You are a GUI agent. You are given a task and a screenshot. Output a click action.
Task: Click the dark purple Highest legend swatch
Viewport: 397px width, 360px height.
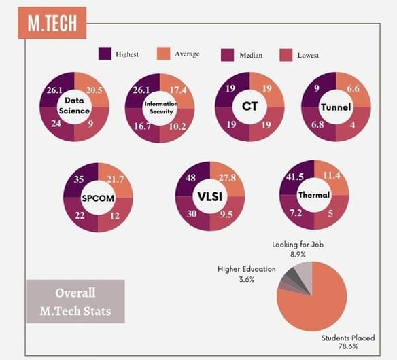coord(105,54)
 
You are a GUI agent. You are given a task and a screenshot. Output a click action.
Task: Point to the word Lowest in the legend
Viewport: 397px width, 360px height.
coord(308,55)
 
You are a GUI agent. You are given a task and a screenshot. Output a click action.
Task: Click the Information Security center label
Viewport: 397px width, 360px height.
coord(159,107)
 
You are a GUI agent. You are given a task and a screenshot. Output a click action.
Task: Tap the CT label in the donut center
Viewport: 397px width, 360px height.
coord(249,106)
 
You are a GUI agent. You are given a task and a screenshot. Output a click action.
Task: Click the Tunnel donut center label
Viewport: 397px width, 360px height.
coord(335,107)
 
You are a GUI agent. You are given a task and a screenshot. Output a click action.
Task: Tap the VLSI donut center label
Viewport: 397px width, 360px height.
coord(210,196)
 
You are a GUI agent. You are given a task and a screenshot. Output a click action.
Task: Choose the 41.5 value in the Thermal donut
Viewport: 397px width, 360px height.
coord(294,177)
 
